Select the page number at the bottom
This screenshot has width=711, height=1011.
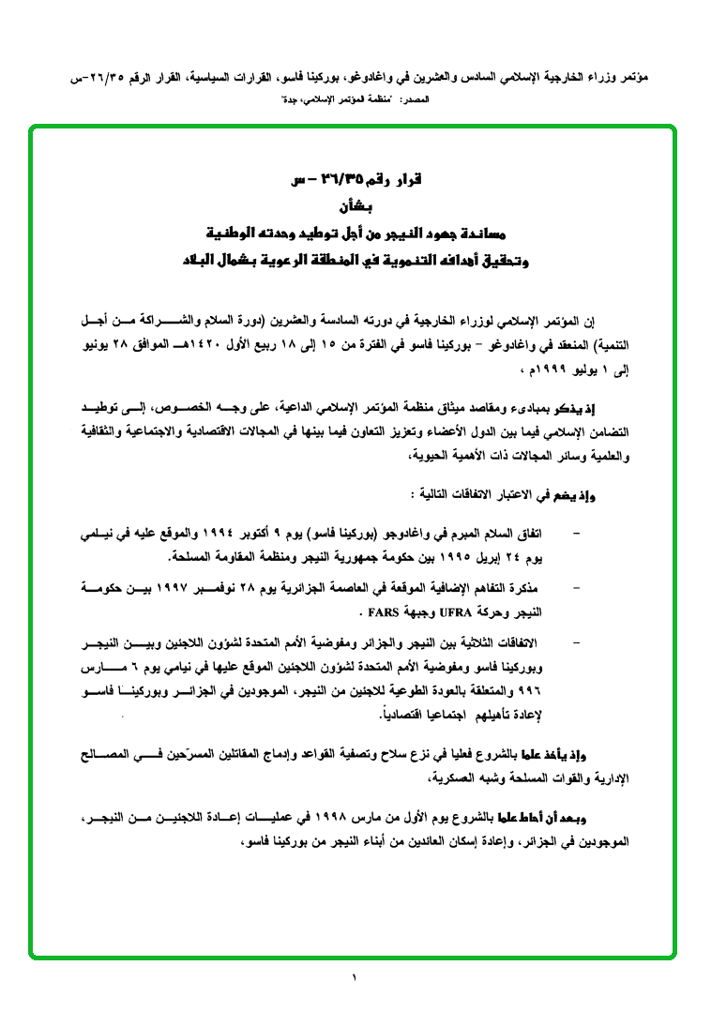(355, 979)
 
